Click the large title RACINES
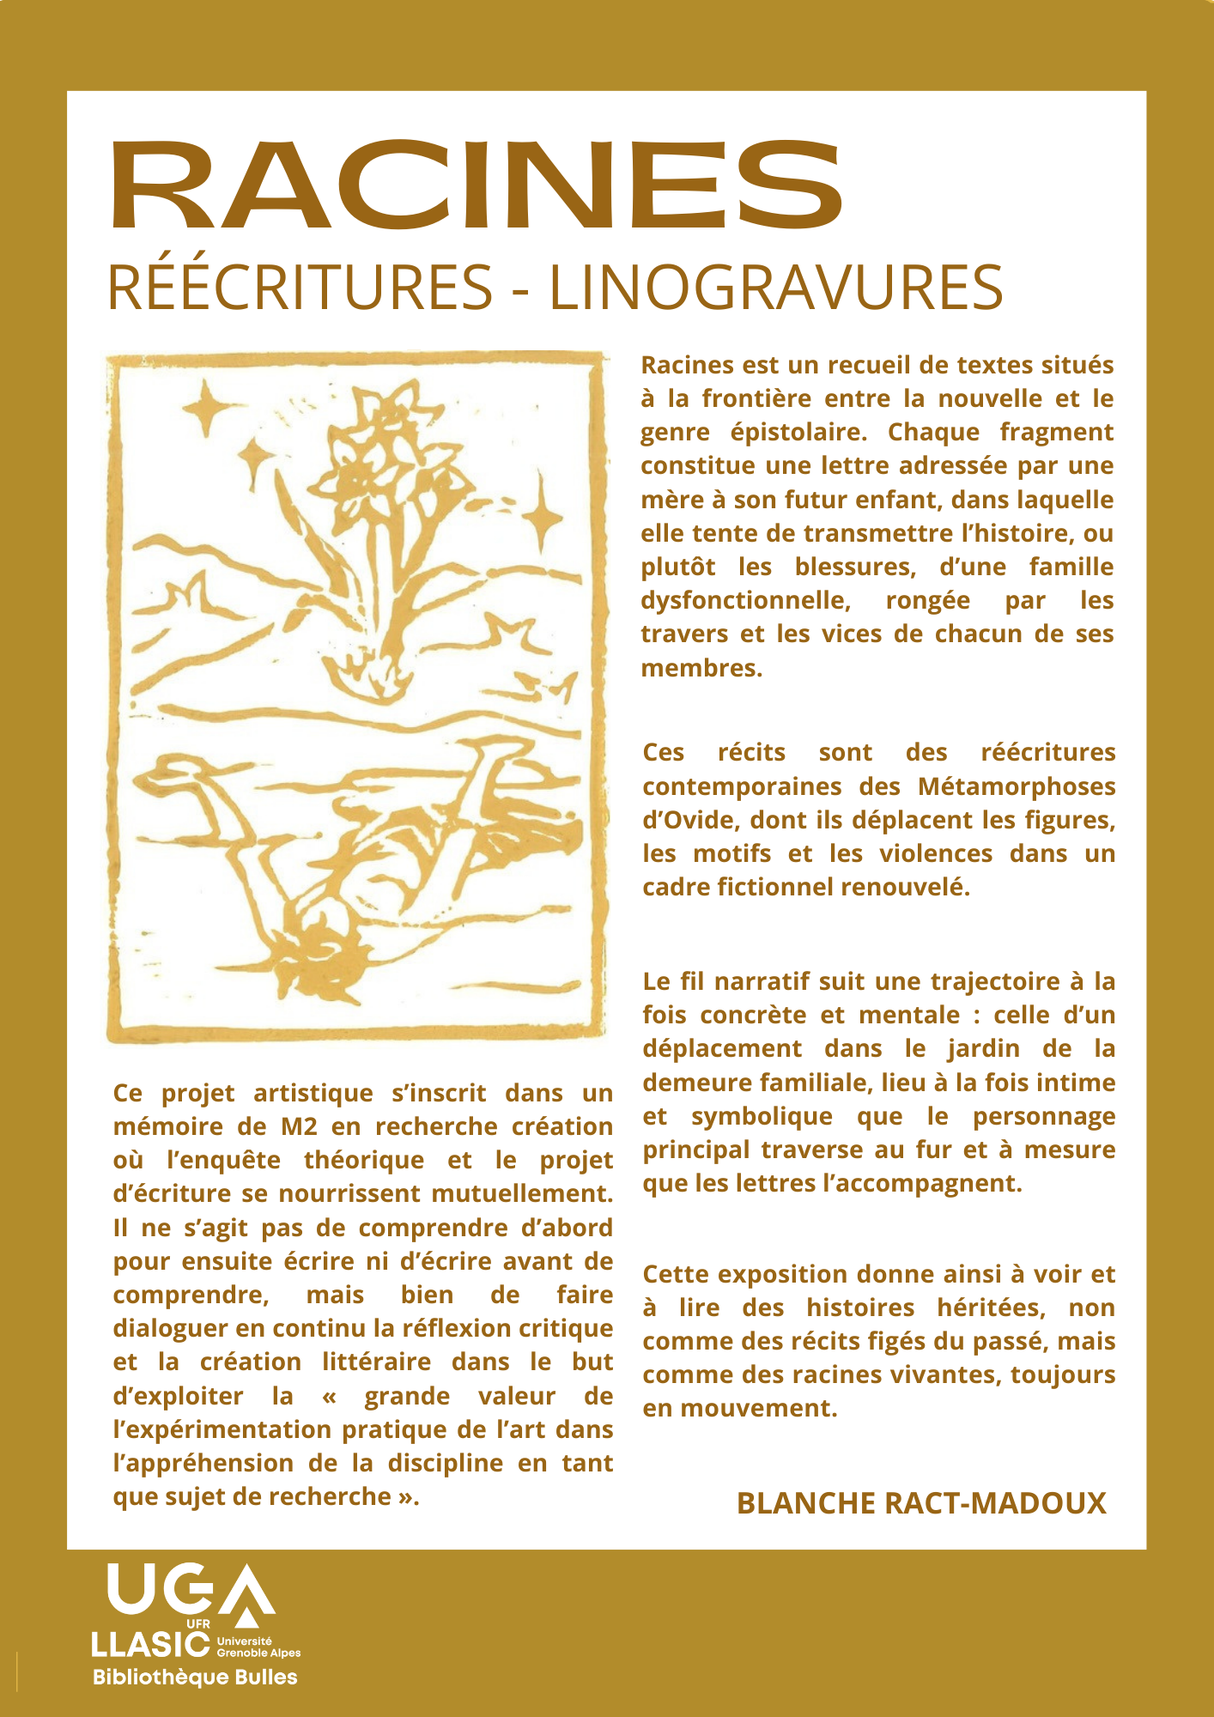[x=476, y=187]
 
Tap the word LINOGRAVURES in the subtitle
[x=775, y=288]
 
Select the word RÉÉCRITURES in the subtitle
[x=300, y=288]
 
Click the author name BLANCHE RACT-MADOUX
[x=921, y=1503]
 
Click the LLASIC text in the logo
[x=150, y=1644]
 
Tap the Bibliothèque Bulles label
[x=195, y=1678]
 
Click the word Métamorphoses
[x=1017, y=786]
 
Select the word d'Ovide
[x=689, y=820]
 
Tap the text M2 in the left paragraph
[x=299, y=1126]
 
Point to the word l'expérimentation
[x=224, y=1429]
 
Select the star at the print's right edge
[x=542, y=516]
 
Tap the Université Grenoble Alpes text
[x=258, y=1647]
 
